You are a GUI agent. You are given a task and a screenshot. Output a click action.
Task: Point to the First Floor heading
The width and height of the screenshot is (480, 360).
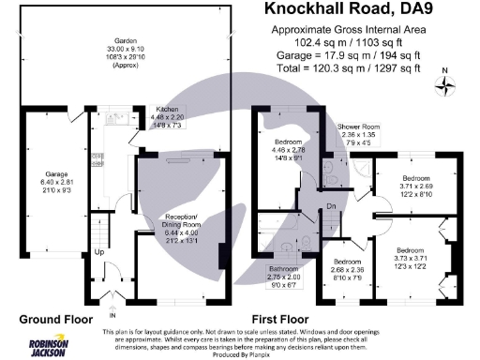pyautogui.click(x=292, y=319)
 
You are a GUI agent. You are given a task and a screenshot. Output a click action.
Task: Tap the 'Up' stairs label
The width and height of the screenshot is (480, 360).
pyautogui.click(x=98, y=252)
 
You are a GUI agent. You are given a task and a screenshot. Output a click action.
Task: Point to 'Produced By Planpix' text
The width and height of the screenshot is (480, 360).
pyautogui.click(x=239, y=354)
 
